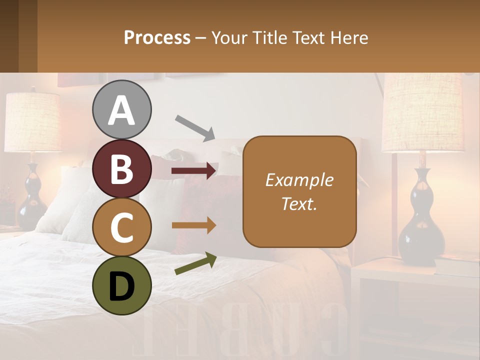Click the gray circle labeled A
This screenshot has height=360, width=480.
(121, 109)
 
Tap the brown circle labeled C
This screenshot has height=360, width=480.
(121, 227)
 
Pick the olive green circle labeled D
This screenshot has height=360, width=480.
(121, 285)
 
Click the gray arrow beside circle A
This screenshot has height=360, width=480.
(195, 127)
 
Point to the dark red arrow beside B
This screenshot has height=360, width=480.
(194, 171)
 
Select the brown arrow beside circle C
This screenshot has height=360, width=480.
(194, 225)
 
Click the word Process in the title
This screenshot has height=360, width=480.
(157, 37)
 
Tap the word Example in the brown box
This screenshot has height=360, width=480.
(299, 180)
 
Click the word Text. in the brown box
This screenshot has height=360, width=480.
(299, 203)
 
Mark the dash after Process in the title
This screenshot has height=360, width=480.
(201, 38)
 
